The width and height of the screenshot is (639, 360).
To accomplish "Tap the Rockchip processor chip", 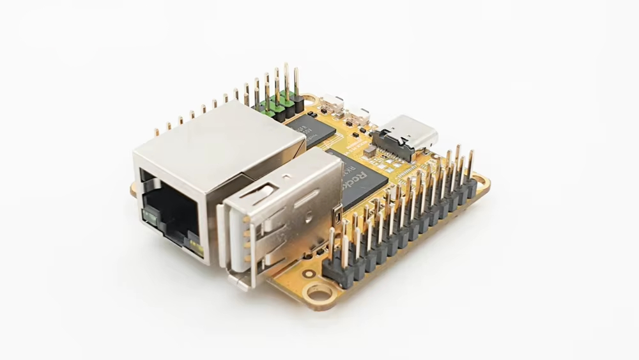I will (x=360, y=178).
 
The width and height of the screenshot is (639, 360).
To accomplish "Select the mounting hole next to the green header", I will (x=309, y=100).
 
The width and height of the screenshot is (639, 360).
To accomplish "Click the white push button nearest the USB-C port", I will (x=363, y=114).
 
